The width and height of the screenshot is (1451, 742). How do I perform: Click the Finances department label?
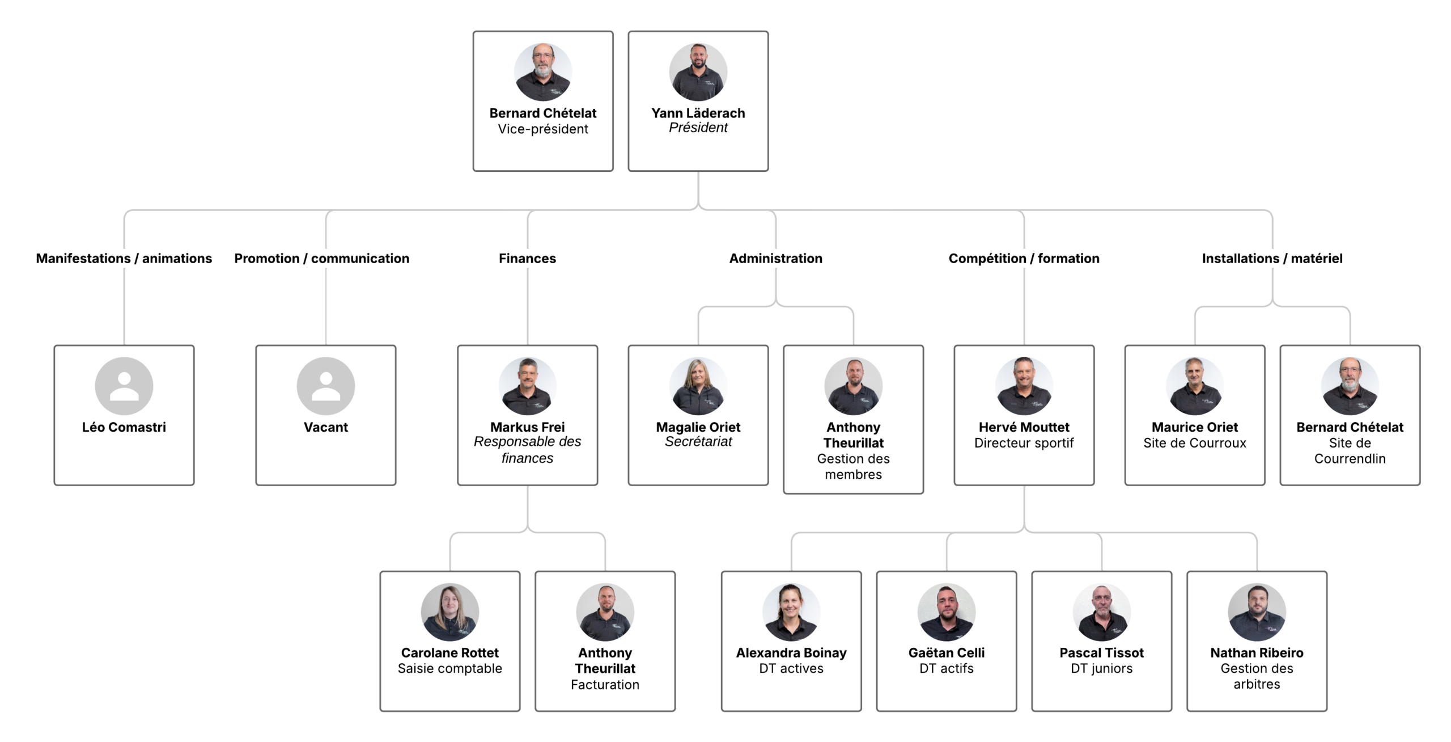(x=527, y=259)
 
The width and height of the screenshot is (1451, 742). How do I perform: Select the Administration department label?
(x=775, y=259)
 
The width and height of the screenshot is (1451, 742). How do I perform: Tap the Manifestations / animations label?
(x=124, y=259)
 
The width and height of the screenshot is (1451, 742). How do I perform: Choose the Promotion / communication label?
(x=322, y=259)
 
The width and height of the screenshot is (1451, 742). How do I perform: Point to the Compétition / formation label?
(x=1024, y=259)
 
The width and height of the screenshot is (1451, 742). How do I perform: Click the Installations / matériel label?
(x=1272, y=259)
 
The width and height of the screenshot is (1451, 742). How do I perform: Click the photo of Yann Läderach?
(x=698, y=72)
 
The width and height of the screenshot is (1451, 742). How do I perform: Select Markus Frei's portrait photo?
(x=527, y=386)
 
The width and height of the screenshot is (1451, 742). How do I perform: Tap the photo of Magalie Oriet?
(x=698, y=386)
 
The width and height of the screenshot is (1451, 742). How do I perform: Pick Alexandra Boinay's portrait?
(x=791, y=612)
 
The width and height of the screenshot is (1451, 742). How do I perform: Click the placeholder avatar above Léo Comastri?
(x=124, y=386)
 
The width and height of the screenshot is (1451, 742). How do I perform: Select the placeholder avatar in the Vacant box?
(x=326, y=386)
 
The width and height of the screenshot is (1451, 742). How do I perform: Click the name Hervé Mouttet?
(x=1024, y=427)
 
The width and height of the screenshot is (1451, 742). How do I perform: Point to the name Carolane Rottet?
(x=450, y=653)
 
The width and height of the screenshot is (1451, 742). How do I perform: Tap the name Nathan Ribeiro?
(x=1257, y=653)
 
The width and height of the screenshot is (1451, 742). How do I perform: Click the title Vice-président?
(x=543, y=129)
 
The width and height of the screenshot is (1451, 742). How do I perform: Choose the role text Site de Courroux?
(x=1195, y=443)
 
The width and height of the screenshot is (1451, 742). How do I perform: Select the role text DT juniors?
(x=1101, y=669)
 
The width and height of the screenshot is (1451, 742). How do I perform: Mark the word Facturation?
(x=605, y=685)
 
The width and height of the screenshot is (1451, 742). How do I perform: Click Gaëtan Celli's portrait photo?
(x=947, y=612)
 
